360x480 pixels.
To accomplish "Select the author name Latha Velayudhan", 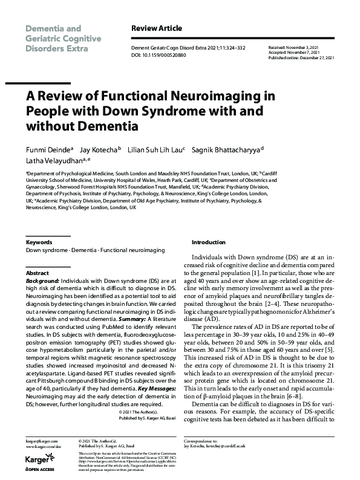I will pos(53,161).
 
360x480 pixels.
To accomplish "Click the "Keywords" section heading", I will pos(39,242).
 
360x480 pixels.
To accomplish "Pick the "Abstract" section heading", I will pos(37,273).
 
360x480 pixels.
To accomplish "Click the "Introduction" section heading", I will pos(209,242).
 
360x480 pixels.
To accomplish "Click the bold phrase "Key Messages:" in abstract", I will pos(157,388).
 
